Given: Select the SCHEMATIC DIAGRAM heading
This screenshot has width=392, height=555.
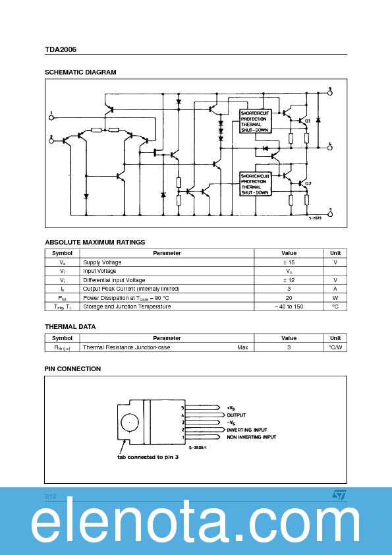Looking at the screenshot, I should tap(80, 73).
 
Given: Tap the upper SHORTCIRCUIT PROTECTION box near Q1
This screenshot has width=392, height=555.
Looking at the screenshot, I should tap(255, 121).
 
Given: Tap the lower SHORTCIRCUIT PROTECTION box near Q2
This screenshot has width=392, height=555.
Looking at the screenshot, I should tap(255, 185).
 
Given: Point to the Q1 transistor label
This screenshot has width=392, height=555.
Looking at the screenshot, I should tap(308, 121).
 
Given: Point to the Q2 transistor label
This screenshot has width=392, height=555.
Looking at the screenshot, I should tap(308, 183).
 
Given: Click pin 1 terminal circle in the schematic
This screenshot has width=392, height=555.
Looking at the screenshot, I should tap(51, 117).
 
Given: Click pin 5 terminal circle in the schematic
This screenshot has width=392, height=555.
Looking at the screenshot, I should tap(330, 93).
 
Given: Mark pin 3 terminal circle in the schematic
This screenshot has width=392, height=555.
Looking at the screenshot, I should tap(330, 214).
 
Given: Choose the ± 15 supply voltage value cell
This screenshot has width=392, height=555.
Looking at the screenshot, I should tap(289, 262).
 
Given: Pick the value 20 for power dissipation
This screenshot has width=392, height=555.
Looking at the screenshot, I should tap(289, 297).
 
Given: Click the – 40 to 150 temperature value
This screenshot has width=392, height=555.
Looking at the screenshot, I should tap(289, 307).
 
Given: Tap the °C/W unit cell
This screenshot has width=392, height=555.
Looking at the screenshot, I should tap(335, 347).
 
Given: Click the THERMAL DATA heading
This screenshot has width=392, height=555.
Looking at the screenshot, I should tap(70, 327).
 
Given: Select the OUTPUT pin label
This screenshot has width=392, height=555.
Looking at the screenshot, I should tap(237, 415).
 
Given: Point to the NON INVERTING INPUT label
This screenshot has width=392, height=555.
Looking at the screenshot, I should tap(251, 437).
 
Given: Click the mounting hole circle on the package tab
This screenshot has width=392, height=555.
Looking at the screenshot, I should tap(130, 422).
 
